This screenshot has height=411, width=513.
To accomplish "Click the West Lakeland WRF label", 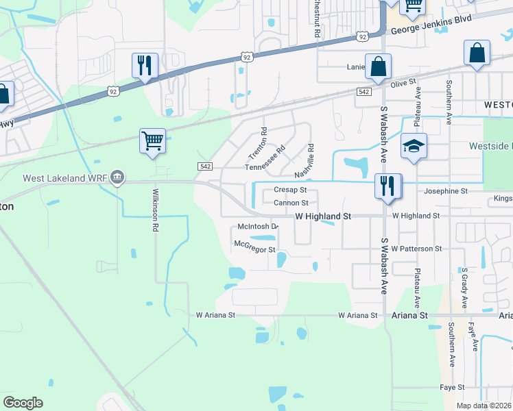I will (x=65, y=178).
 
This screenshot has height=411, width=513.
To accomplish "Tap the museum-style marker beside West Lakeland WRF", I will (x=117, y=177).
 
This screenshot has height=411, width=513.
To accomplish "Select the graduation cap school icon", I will (x=414, y=147).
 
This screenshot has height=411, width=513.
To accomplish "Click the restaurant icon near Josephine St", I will (x=387, y=186).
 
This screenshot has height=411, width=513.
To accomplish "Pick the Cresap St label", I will (x=290, y=190).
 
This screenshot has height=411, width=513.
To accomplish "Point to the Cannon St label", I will (x=291, y=203).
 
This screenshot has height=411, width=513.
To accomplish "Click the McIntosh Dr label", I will (x=257, y=226).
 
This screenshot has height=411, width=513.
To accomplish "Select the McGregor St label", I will (x=254, y=246).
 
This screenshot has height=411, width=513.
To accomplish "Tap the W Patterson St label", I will (x=417, y=248).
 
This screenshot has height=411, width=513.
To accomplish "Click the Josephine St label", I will (x=446, y=191).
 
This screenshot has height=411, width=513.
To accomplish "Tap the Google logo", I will (x=23, y=403).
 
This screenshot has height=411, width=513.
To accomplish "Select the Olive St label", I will (x=403, y=82).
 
